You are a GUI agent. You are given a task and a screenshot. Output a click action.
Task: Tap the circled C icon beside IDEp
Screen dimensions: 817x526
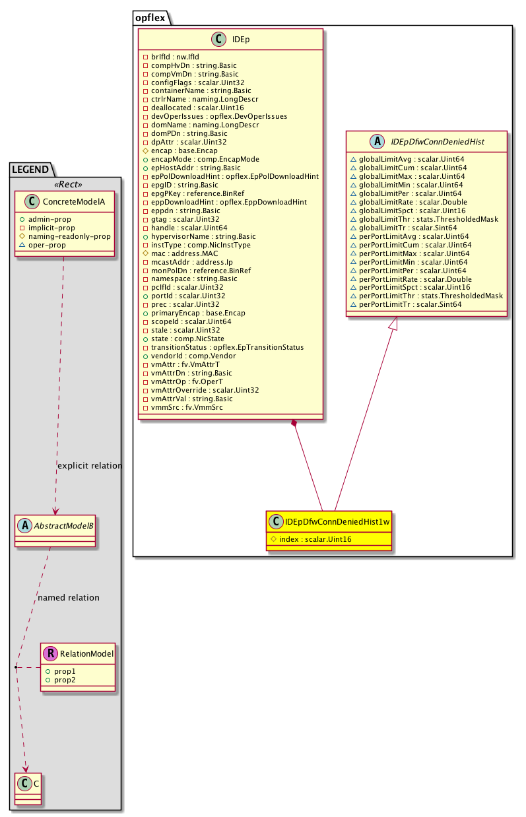[x=218, y=40]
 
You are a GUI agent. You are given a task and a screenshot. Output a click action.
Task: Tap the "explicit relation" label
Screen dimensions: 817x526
[x=90, y=465]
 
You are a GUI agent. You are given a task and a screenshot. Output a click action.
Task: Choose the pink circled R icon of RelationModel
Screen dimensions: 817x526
[x=51, y=654]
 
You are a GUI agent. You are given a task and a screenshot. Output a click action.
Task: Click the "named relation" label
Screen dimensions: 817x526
[x=69, y=597]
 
